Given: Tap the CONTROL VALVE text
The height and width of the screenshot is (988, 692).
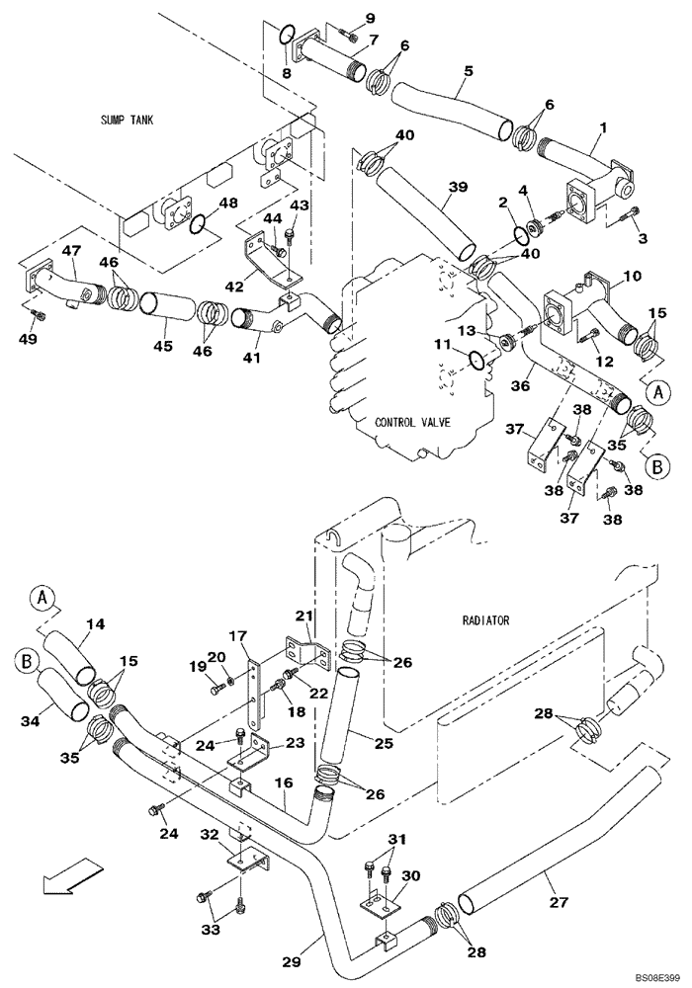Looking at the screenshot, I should pyautogui.click(x=412, y=422).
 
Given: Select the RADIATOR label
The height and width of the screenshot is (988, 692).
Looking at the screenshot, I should pyautogui.click(x=485, y=620).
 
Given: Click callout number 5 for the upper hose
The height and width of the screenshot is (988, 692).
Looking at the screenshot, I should pyautogui.click(x=469, y=71).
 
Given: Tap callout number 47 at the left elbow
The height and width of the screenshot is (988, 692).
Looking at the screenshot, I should pyautogui.click(x=71, y=253).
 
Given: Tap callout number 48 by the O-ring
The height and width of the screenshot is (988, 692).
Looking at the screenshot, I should pyautogui.click(x=228, y=203).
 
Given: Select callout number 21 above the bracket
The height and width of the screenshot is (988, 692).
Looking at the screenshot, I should pyautogui.click(x=306, y=616).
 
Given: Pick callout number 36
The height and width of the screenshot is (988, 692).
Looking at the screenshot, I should pyautogui.click(x=531, y=370).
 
